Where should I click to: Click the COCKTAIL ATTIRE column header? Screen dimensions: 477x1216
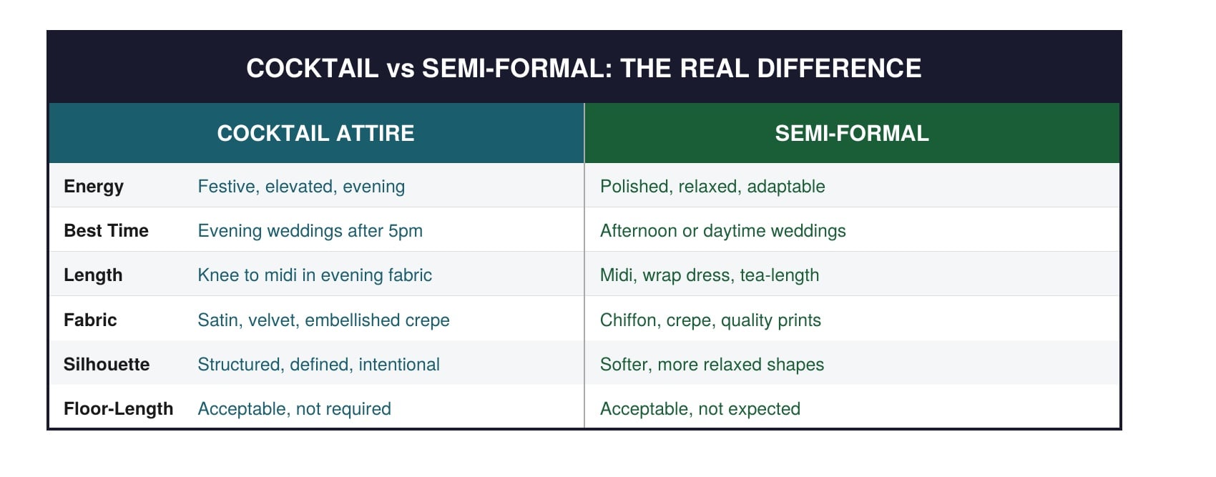315,133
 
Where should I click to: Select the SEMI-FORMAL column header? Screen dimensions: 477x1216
851,133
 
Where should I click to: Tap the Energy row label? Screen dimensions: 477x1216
94,187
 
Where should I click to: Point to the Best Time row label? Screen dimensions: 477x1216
106,231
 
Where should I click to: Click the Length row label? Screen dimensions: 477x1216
93,275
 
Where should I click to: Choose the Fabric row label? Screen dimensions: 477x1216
90,320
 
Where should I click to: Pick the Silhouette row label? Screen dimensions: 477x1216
107,364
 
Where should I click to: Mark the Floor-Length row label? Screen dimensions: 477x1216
118,408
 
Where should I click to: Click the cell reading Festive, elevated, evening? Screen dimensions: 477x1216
301,187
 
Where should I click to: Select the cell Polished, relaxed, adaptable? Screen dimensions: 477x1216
712,187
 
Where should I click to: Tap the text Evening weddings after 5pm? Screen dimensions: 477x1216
310,231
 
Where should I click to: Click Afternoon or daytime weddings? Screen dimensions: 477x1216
722,231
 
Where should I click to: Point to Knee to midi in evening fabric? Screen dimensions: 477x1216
315,275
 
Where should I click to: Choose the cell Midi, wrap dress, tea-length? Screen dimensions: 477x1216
710,275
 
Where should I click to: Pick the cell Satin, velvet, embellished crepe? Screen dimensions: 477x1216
323,320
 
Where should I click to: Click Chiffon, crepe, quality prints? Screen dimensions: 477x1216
710,320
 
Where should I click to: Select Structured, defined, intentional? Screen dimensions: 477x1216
318,364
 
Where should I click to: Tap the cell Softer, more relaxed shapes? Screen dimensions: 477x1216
712,364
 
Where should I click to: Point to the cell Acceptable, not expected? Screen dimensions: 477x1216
700,408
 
